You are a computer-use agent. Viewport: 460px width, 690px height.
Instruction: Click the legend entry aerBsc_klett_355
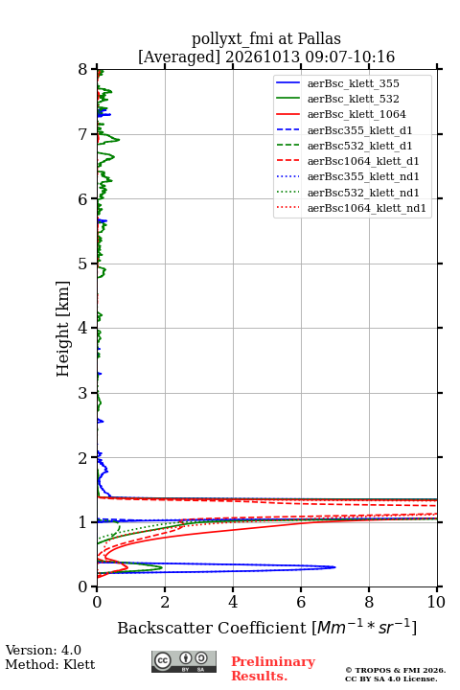(x=353, y=83)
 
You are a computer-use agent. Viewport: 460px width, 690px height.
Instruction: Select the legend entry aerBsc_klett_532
(x=353, y=99)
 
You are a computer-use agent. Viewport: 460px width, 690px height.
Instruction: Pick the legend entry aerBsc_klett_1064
(x=356, y=114)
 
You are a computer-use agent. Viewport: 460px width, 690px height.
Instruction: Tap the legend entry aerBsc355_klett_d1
(x=359, y=130)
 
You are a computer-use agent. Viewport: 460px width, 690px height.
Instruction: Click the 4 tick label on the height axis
(x=82, y=328)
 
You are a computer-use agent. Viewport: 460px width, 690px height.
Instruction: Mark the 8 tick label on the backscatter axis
(x=369, y=602)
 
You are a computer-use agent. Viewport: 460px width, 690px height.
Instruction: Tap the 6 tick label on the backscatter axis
(x=301, y=602)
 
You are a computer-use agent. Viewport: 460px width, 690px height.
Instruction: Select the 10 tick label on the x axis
(x=436, y=602)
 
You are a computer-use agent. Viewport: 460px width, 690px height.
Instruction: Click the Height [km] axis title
(x=63, y=329)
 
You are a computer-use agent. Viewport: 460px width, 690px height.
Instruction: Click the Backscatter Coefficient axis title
(x=266, y=627)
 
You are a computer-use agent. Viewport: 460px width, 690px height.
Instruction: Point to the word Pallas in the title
(x=319, y=38)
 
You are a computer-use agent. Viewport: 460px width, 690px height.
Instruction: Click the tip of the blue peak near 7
(x=335, y=567)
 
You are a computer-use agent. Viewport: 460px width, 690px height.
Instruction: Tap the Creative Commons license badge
(x=184, y=661)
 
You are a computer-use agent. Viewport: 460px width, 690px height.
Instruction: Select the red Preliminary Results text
(x=273, y=669)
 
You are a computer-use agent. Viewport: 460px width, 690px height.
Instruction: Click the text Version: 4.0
(x=43, y=650)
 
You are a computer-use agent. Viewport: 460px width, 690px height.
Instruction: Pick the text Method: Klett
(x=50, y=664)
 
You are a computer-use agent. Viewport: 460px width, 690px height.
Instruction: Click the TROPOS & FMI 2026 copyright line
(x=395, y=670)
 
